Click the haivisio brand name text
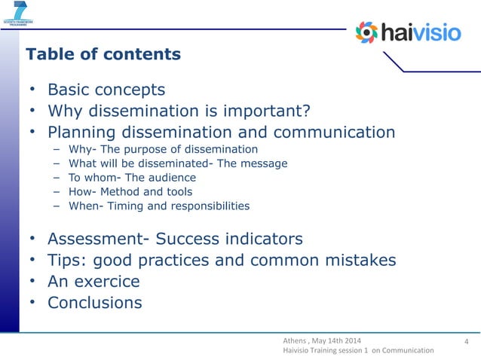point(422,33)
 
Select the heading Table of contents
point(103,54)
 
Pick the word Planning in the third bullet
point(81,133)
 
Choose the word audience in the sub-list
point(171,178)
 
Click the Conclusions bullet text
point(95,303)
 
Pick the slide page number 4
point(467,345)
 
